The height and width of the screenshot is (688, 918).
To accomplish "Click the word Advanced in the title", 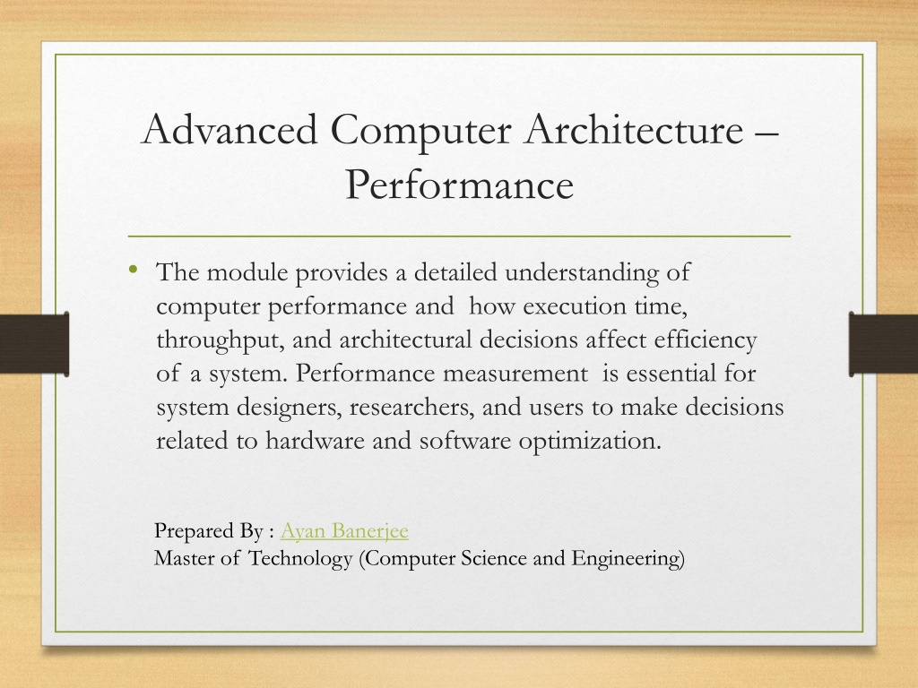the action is [229, 129].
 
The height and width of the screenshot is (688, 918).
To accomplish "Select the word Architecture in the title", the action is [634, 129].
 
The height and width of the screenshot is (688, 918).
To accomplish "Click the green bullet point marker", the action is [134, 269].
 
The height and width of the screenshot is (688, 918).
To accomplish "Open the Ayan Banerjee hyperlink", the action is [344, 530].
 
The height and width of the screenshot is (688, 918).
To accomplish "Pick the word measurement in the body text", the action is [515, 374].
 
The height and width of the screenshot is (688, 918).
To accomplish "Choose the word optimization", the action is [590, 441].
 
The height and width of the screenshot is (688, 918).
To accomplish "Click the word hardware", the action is [315, 441].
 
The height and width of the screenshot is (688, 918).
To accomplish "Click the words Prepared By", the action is [209, 531].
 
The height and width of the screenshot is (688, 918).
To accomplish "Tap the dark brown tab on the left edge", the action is [35, 344].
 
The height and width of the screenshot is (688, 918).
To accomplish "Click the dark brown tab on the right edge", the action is [883, 344].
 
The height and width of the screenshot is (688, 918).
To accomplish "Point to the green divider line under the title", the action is [459, 236].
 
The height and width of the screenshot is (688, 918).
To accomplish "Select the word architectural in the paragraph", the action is [405, 340].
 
